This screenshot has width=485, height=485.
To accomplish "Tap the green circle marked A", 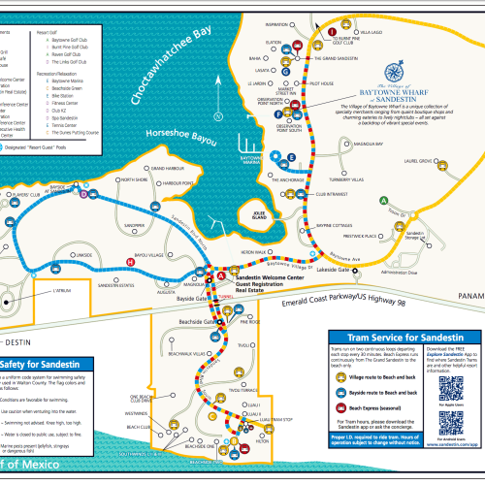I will [385, 200].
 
